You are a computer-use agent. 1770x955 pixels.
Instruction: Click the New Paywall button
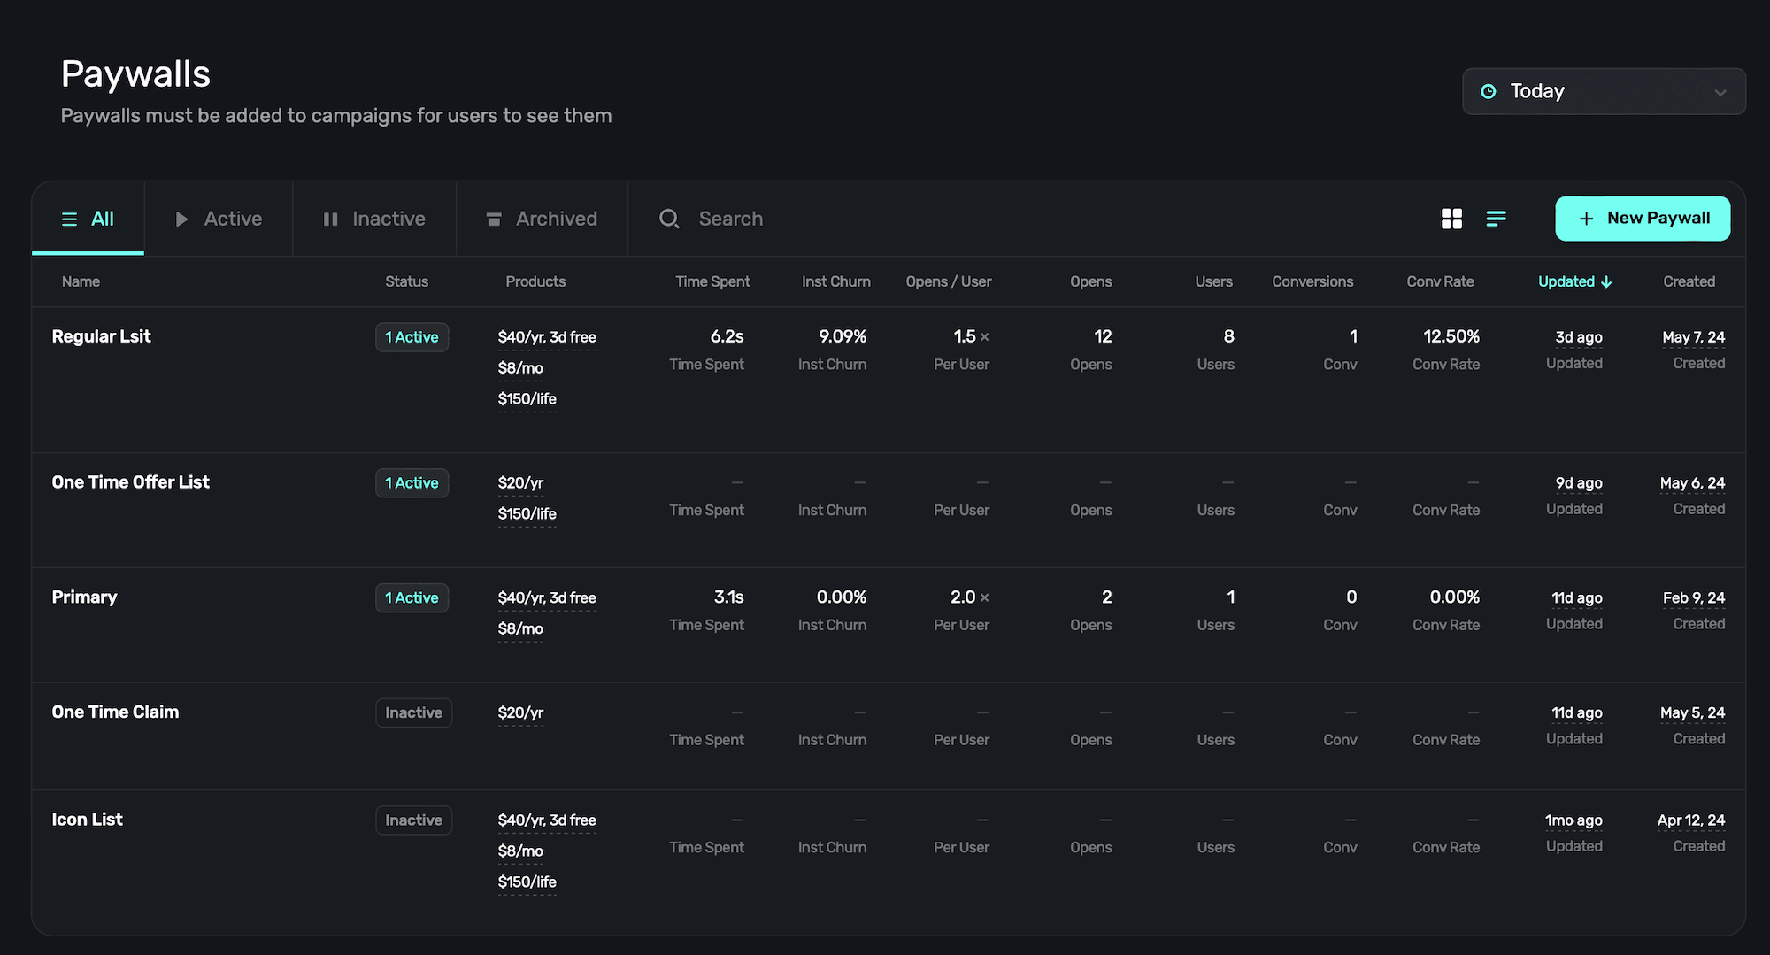pos(1643,219)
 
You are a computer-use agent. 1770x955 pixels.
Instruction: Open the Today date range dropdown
pos(1603,91)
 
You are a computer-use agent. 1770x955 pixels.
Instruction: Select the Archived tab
pos(542,219)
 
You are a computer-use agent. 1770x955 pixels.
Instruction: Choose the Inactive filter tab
pos(373,219)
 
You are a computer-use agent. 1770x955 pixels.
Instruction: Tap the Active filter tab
pos(219,219)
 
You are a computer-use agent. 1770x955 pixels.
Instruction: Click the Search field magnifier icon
pos(669,219)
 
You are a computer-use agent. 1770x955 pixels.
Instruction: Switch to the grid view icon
pos(1451,219)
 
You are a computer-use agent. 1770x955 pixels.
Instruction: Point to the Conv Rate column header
pos(1440,281)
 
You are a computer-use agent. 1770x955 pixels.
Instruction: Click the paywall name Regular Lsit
pos(101,336)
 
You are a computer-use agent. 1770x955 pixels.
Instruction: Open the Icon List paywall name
pos(87,820)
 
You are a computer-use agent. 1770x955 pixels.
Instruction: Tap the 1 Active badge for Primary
pos(412,598)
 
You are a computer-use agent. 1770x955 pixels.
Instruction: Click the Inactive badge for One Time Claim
pos(413,712)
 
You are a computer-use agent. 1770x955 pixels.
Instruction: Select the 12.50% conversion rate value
pos(1451,336)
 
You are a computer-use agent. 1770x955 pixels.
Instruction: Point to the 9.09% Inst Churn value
pos(842,336)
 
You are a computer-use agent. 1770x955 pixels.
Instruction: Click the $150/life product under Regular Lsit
pos(527,399)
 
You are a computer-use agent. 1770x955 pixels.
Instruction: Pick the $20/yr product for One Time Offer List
pos(520,483)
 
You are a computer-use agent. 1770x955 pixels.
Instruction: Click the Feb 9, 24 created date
pos(1693,598)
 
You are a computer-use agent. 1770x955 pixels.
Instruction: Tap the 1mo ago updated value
pos(1573,820)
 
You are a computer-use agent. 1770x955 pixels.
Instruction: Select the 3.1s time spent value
pos(728,597)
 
